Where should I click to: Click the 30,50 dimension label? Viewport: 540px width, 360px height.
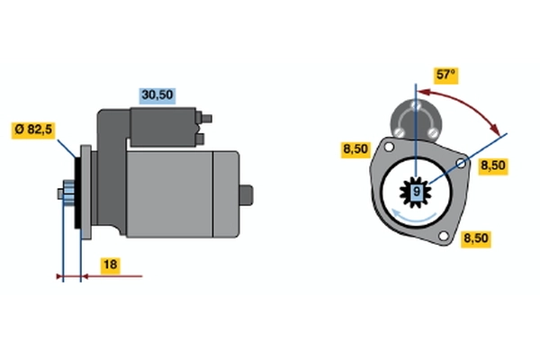(x=157, y=95)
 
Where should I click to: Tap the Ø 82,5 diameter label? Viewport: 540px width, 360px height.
(x=33, y=130)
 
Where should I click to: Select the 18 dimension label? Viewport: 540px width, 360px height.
(x=110, y=265)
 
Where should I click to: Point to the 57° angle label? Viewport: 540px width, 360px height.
(x=445, y=75)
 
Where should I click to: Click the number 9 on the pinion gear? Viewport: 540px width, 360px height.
(x=417, y=191)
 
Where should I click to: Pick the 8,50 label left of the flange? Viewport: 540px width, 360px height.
(x=355, y=149)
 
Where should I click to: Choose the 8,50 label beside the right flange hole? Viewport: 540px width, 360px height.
(x=493, y=166)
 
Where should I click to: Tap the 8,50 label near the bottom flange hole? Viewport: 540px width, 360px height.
(x=476, y=238)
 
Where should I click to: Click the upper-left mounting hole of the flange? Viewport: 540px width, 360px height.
(x=389, y=147)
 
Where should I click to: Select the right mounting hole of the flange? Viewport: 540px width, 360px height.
(x=461, y=163)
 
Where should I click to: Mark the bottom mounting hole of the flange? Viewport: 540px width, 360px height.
(x=444, y=236)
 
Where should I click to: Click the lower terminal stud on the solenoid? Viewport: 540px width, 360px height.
(x=200, y=139)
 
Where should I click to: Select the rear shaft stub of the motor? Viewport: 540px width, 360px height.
(x=247, y=195)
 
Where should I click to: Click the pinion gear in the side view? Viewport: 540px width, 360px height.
(x=68, y=194)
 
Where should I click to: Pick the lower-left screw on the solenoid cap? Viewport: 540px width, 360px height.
(x=399, y=132)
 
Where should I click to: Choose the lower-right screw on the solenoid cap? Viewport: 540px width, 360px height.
(x=433, y=132)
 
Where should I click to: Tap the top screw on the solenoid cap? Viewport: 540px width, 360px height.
(x=417, y=104)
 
